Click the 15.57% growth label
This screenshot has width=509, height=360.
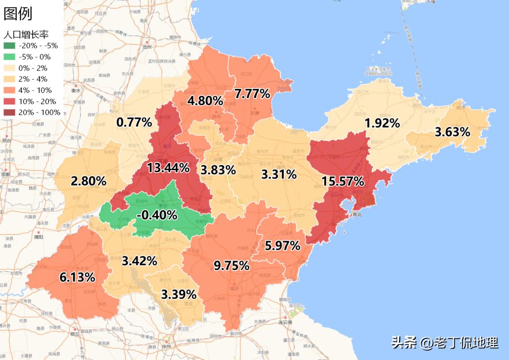click(343, 181)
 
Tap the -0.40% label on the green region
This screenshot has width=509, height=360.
click(157, 215)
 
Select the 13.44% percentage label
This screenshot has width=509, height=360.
click(168, 168)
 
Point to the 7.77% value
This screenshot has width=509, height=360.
click(253, 94)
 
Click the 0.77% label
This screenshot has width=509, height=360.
click(134, 123)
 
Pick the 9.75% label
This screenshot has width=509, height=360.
click(231, 266)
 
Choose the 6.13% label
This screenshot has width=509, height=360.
click(77, 278)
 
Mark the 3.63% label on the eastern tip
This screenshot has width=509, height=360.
click(452, 132)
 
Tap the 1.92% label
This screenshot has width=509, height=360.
click(382, 123)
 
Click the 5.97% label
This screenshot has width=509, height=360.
click(283, 245)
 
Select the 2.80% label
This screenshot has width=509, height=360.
click(89, 181)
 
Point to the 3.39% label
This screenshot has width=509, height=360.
click(179, 295)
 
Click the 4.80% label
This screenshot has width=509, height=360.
click(205, 100)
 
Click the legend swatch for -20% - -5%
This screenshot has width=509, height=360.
click(9, 46)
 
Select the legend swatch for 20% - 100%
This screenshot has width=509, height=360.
click(9, 113)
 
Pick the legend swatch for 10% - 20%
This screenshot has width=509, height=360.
click(9, 101)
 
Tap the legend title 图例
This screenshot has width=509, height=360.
click(18, 14)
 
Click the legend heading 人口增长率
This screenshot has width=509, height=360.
click(26, 34)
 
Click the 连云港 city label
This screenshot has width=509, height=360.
click(285, 322)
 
